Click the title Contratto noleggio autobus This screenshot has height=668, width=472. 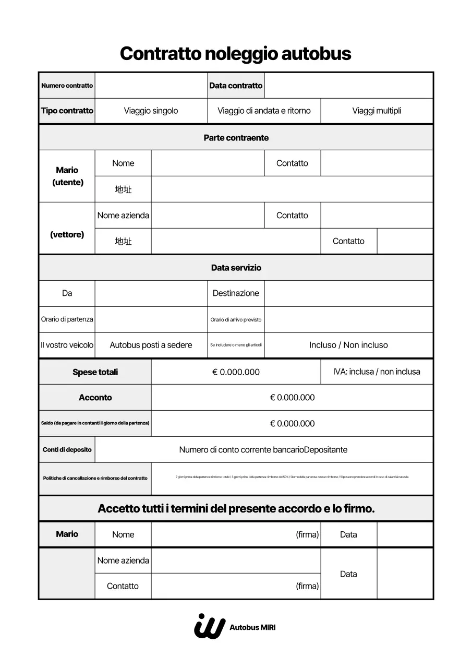(x=236, y=54)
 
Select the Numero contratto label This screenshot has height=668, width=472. (x=67, y=86)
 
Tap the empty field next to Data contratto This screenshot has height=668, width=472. (x=348, y=86)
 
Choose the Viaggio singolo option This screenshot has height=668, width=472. (x=151, y=111)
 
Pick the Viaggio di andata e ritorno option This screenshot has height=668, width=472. (x=264, y=111)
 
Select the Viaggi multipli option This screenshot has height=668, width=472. (x=377, y=111)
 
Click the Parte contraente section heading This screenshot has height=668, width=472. (x=236, y=138)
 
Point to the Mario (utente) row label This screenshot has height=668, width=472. (x=67, y=176)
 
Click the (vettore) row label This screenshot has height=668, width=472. (x=67, y=235)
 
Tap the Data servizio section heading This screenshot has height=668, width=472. (x=236, y=268)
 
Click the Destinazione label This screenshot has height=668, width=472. (x=236, y=293)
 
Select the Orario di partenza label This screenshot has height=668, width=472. (x=67, y=319)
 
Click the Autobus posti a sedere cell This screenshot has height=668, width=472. (x=151, y=345)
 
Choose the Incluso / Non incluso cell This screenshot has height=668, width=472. (x=348, y=345)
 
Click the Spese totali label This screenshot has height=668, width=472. (x=95, y=372)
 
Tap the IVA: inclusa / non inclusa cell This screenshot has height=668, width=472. (x=377, y=372)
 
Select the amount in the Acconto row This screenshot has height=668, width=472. (x=292, y=398)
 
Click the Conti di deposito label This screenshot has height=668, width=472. (x=67, y=450)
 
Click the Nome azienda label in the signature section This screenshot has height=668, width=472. (x=123, y=560)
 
